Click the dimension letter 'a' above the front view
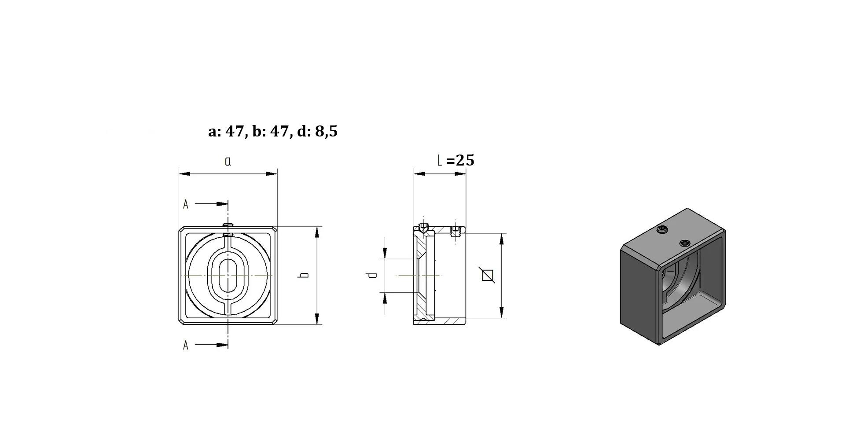[228, 162]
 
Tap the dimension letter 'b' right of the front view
[303, 275]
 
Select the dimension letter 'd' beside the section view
[372, 275]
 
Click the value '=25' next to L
[461, 160]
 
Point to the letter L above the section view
[440, 161]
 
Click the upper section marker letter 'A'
[186, 204]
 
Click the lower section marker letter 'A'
[186, 345]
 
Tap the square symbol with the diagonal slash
[487, 275]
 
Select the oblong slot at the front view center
[228, 275]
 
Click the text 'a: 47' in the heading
[226, 132]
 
